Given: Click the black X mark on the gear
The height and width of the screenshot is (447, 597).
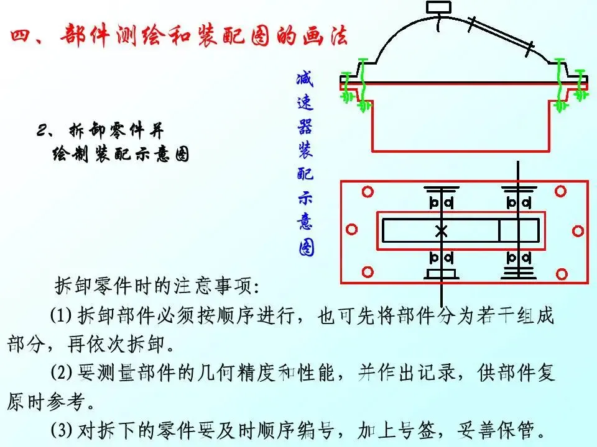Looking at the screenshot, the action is coord(442,231).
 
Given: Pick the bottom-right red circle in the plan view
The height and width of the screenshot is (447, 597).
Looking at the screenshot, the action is coord(561,273).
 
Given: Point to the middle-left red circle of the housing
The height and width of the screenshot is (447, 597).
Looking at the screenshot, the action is coord(352,230).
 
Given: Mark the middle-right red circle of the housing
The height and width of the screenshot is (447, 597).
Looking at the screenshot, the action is coord(578,231).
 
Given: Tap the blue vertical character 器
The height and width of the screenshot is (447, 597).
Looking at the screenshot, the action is coord(305,128).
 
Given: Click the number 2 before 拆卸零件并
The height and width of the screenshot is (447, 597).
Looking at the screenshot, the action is coord(43,131).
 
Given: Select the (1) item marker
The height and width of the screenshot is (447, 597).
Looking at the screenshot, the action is coord(62,316).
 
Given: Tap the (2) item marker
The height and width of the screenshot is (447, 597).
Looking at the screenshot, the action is coord(63,372).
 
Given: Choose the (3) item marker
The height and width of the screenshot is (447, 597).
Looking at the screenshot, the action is coord(63,429).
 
